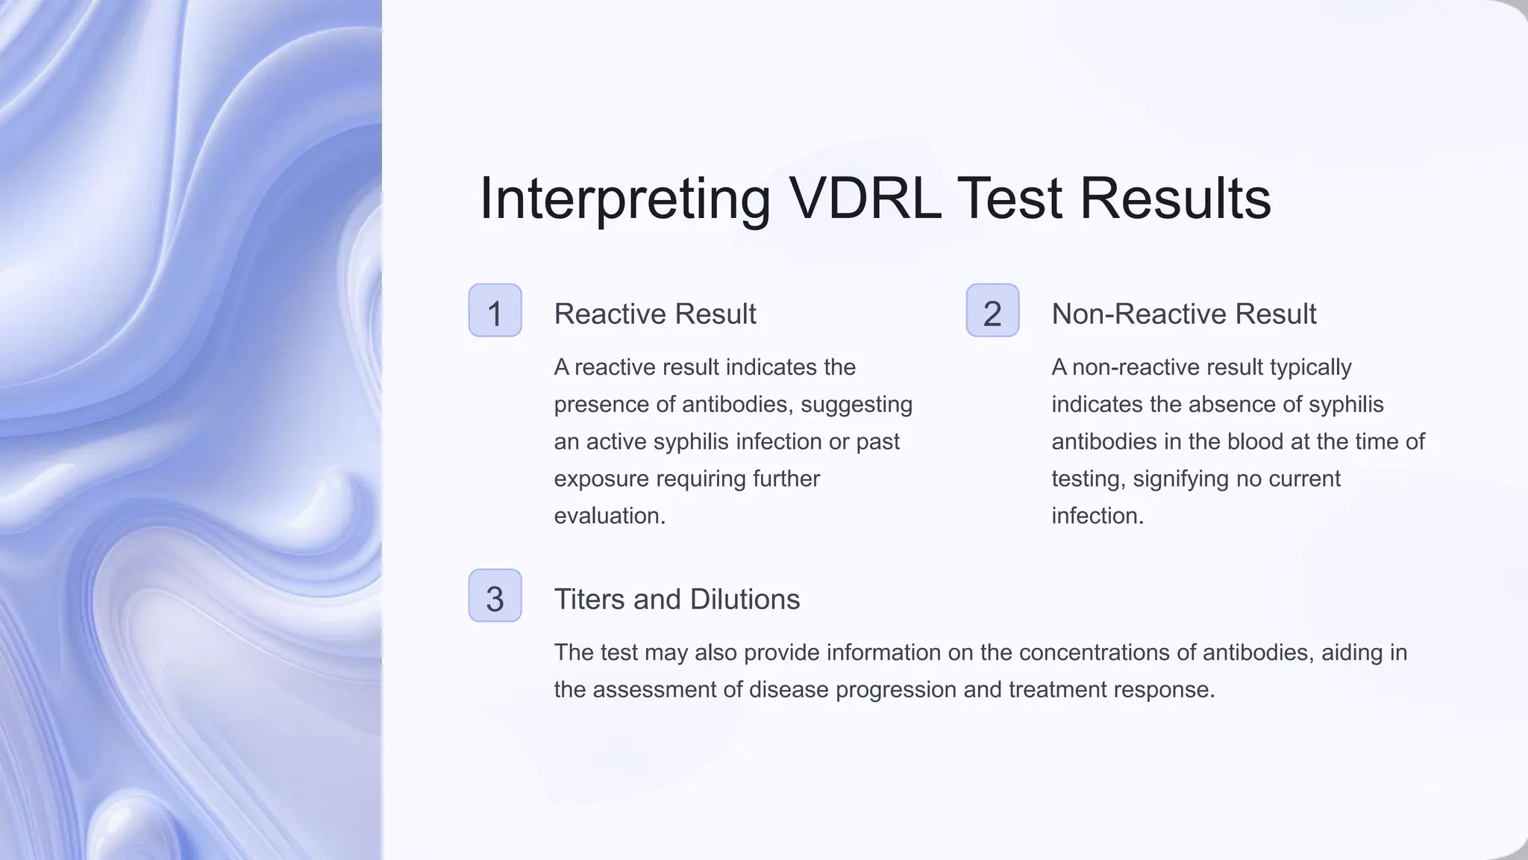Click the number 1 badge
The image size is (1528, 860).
click(x=495, y=311)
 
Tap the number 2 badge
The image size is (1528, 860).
click(x=992, y=311)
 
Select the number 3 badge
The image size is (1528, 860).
click(x=495, y=596)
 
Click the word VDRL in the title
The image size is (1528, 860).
click(x=865, y=199)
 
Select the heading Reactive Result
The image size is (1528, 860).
click(x=654, y=314)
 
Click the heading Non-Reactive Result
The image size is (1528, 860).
click(x=1183, y=314)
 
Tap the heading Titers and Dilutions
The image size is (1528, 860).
click(x=676, y=599)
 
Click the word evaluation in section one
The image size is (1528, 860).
click(x=608, y=516)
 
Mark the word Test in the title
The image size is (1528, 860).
click(x=1009, y=199)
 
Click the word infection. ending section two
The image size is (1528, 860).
click(x=1097, y=516)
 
